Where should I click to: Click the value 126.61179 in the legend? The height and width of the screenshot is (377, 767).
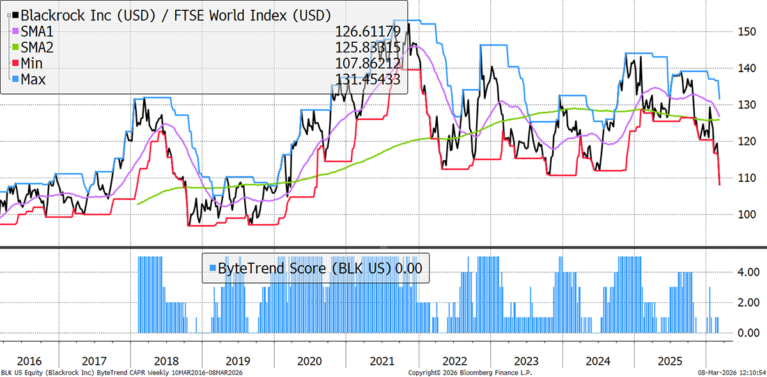tap(368, 31)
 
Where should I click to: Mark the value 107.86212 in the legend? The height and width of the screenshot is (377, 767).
tap(368, 63)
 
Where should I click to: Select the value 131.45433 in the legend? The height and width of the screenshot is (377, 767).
tap(368, 79)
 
